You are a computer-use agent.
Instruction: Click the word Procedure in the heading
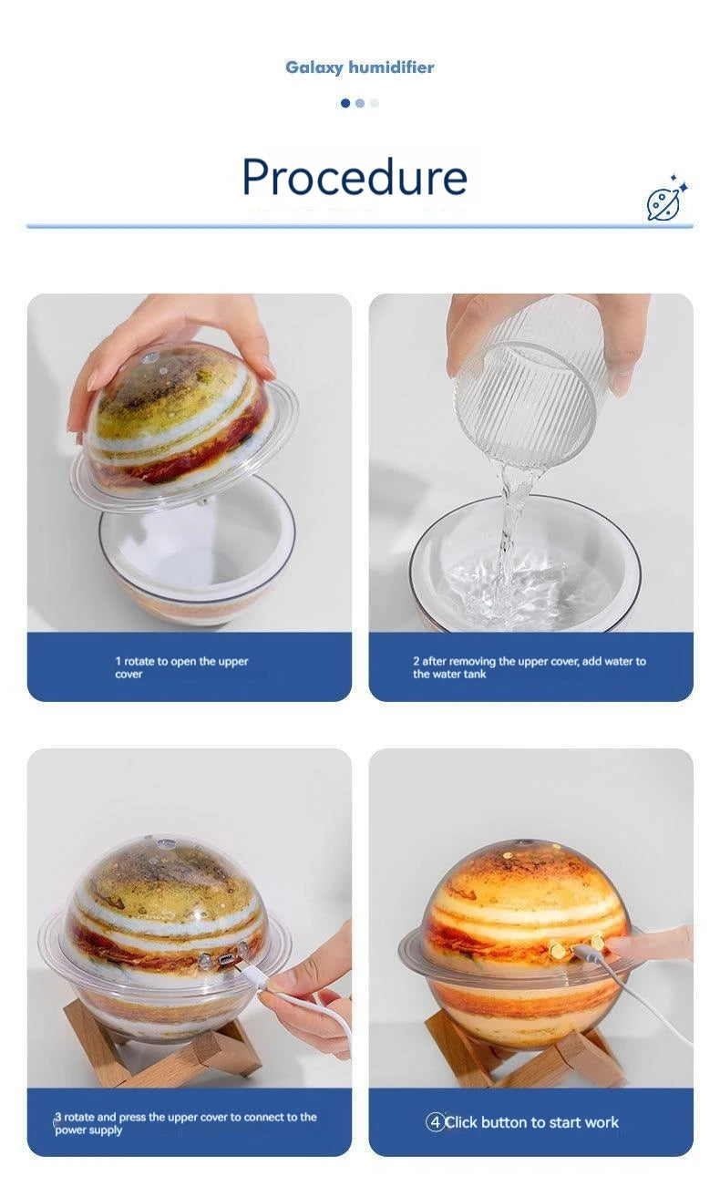tap(355, 177)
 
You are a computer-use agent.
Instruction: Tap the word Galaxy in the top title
tap(314, 67)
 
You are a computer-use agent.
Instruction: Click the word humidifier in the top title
tap(391, 67)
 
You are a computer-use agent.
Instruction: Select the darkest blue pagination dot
tap(345, 103)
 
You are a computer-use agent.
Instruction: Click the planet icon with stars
tap(666, 198)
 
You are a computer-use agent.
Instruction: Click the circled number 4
tap(435, 1122)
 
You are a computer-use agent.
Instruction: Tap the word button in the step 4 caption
tap(504, 1122)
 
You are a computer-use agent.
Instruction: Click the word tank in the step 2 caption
tap(474, 674)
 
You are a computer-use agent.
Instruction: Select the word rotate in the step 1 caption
tap(139, 661)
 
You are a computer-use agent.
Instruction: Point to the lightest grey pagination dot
tap(375, 103)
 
